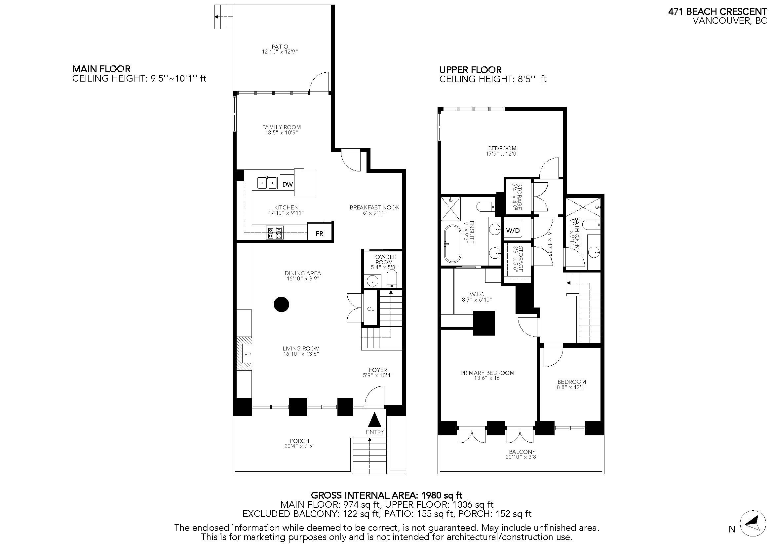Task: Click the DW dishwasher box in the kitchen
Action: [287, 184]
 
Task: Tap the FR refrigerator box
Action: [319, 233]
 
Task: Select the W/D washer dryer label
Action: [513, 231]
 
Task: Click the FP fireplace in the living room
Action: [247, 354]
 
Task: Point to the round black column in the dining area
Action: [282, 305]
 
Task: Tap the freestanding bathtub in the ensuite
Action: [452, 243]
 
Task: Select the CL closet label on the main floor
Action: [370, 309]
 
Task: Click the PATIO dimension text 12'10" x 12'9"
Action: [280, 52]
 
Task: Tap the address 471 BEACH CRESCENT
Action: [717, 12]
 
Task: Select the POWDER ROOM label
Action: [384, 259]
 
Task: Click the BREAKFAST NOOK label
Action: [374, 207]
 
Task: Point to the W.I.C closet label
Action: [477, 294]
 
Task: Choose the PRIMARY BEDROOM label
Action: [487, 373]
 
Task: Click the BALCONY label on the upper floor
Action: [522, 452]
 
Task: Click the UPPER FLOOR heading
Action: [470, 70]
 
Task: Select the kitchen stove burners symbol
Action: [274, 232]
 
